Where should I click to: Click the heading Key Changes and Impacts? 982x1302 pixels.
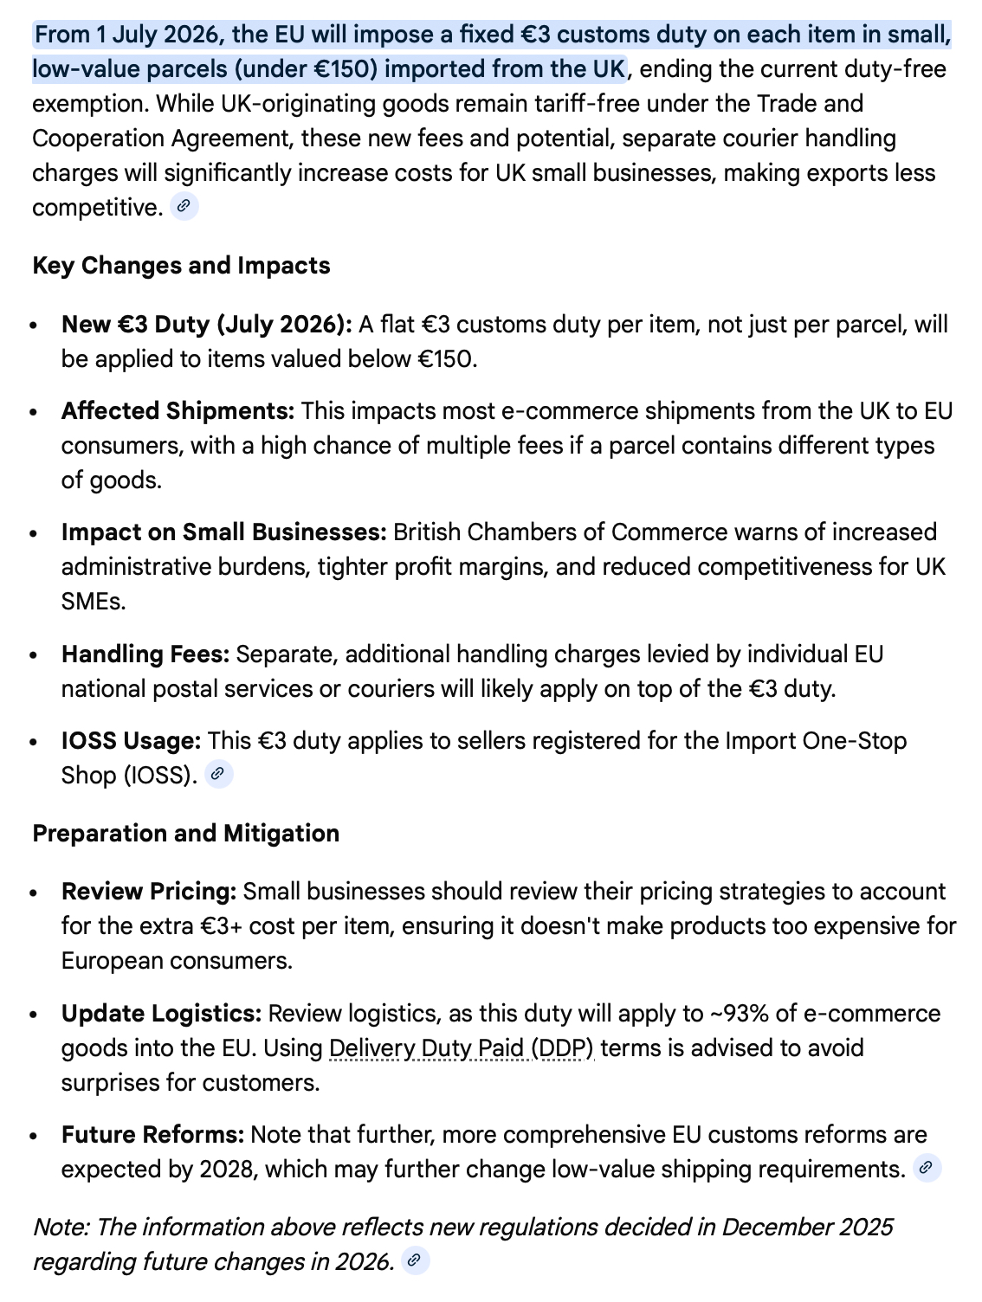(181, 265)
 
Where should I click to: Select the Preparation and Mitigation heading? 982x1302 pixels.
(185, 833)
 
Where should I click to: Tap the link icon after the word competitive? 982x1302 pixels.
(184, 207)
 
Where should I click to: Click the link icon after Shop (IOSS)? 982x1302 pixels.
(219, 774)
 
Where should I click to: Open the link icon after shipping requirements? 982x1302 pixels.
(927, 1168)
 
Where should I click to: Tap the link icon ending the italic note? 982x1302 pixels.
(416, 1260)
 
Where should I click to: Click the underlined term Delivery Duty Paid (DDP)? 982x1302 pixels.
(462, 1047)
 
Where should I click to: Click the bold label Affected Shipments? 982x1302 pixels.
(178, 410)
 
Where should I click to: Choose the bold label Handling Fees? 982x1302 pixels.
(145, 654)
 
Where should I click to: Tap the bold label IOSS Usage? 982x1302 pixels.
(131, 740)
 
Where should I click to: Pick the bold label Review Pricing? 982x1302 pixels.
(149, 891)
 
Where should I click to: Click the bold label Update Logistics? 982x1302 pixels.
(161, 1013)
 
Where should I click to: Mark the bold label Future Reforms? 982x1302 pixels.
(152, 1134)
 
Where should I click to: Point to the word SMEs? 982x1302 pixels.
(93, 601)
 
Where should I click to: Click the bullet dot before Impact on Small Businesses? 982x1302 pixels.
(33, 533)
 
